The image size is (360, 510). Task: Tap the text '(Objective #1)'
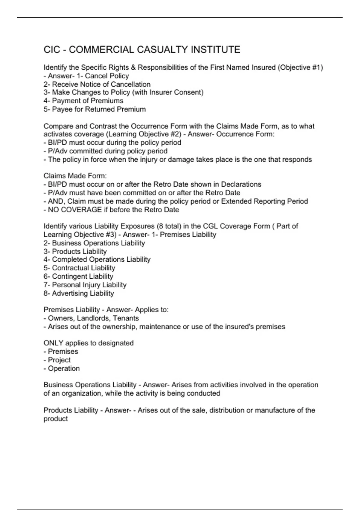coord(300,67)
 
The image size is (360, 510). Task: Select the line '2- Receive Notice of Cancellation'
coord(97,84)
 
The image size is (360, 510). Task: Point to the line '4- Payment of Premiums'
coord(83,101)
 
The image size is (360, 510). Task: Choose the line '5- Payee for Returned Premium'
coord(94,109)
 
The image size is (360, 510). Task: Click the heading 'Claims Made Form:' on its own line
coord(75,176)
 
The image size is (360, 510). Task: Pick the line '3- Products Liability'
coord(75,251)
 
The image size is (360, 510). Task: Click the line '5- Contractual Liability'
coord(79,268)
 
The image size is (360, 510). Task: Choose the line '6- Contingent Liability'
coord(78,276)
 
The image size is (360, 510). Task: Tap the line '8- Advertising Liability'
coord(79,293)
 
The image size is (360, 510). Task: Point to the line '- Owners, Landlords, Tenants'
coord(91,318)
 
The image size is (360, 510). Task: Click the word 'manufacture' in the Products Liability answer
coord(274,410)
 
